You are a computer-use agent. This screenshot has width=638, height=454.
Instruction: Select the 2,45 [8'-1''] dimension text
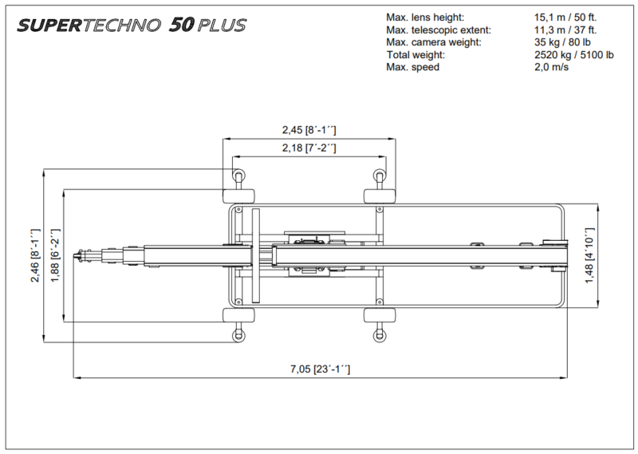coord(309,128)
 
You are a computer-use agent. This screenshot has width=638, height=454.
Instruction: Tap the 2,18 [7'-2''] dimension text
coord(309,148)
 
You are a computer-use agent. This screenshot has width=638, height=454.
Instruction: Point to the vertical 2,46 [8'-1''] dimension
coord(34,256)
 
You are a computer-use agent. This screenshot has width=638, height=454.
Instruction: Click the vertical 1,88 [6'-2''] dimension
coord(55,256)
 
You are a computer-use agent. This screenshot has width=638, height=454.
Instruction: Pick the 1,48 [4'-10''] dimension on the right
coord(610,256)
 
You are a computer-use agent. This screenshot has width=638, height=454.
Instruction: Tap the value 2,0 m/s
coord(553,68)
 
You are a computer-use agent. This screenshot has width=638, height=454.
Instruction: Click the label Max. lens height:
coord(424,17)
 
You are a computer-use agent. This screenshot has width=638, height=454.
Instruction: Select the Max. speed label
coord(412,68)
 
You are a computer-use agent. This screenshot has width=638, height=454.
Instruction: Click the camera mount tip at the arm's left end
coord(80,256)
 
